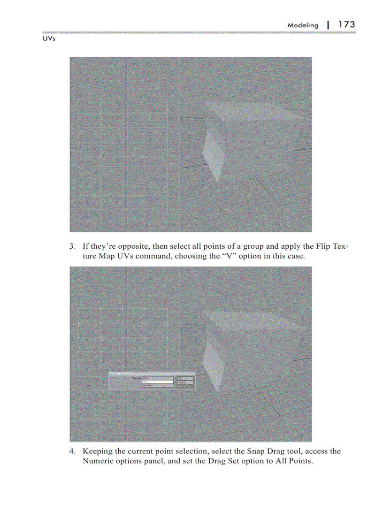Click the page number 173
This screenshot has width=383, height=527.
tap(346, 24)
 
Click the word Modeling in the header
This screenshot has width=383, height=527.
tap(303, 25)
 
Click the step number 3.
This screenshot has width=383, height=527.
tap(72, 246)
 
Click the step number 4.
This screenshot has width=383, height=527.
tap(72, 451)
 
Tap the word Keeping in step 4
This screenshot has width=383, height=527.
tap(98, 451)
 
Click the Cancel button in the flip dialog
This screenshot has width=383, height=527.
tap(185, 382)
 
